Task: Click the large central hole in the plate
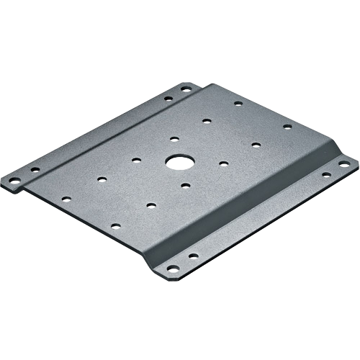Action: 174,161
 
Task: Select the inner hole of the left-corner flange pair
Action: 34,171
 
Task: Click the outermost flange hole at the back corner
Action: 185,89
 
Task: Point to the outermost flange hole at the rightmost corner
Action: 344,166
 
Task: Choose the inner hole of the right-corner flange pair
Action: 326,174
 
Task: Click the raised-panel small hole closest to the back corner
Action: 238,104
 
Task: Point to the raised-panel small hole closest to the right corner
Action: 286,127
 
